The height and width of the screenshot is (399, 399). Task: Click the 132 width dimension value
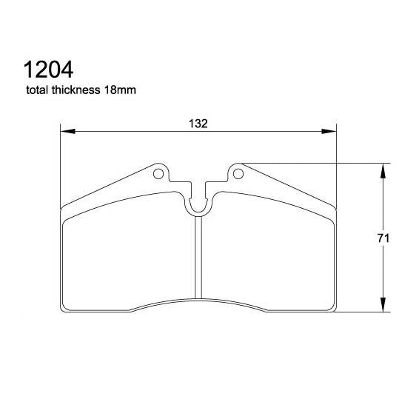(x=198, y=124)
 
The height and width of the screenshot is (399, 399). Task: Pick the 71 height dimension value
(x=383, y=238)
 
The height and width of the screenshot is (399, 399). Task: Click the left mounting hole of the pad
(x=158, y=174)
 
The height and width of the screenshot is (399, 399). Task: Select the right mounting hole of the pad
(x=238, y=174)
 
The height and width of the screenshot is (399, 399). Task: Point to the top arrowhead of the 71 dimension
(x=383, y=170)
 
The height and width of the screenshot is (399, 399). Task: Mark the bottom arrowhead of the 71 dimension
(x=383, y=307)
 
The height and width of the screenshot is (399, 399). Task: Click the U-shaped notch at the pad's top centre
(x=198, y=204)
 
